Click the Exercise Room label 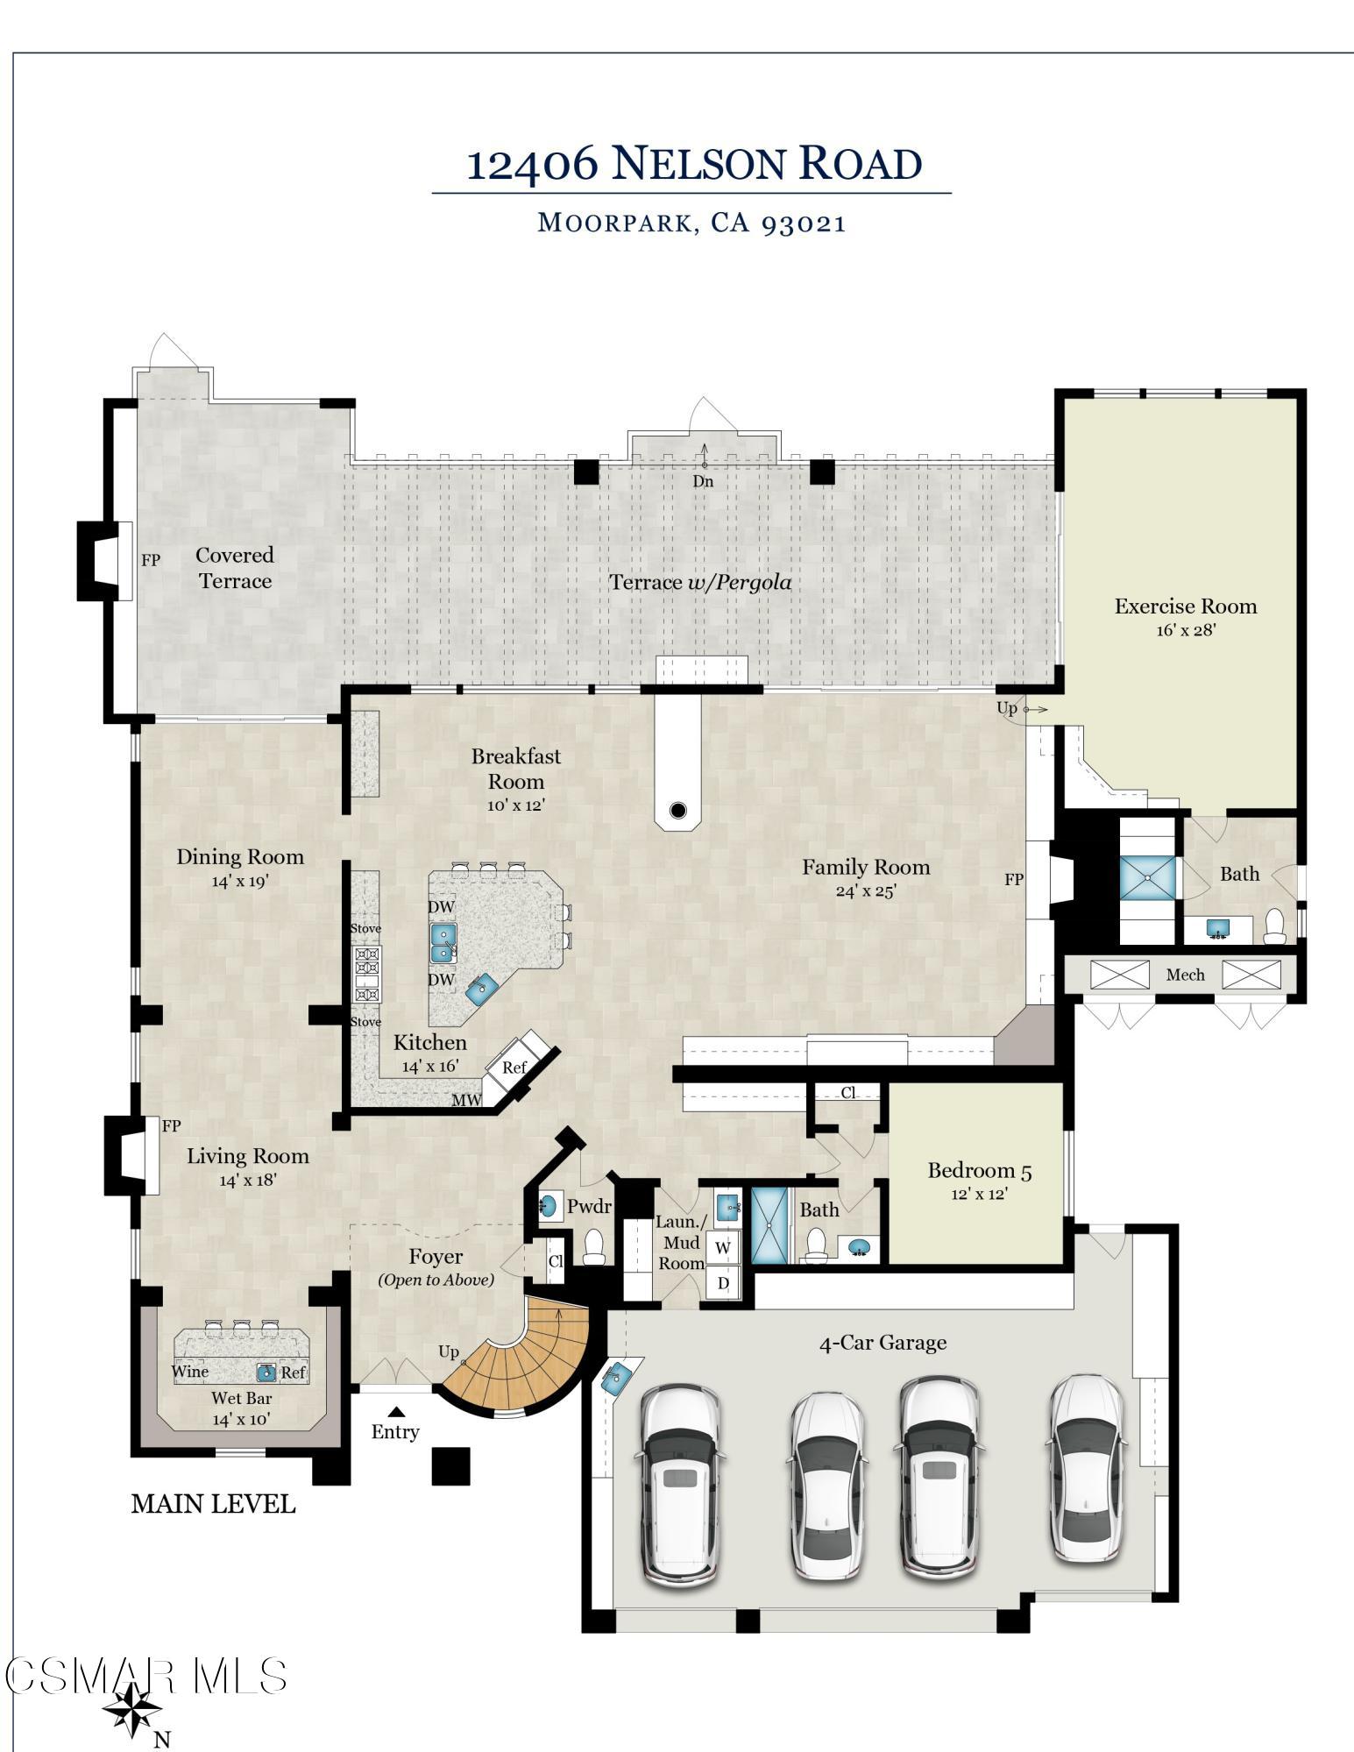1185,606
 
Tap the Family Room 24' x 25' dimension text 866,891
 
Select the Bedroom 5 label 980,1170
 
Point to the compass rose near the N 132,1708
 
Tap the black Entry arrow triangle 396,1411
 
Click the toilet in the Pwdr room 594,1246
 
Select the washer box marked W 723,1247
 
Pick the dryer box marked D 723,1283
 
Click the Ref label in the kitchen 514,1067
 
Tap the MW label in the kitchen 467,1100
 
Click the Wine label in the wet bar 190,1372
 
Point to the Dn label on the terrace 703,481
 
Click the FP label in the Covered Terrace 151,559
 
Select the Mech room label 1185,975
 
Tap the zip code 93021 804,223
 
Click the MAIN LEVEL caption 213,1504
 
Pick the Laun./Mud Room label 681,1243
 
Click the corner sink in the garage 617,1376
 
